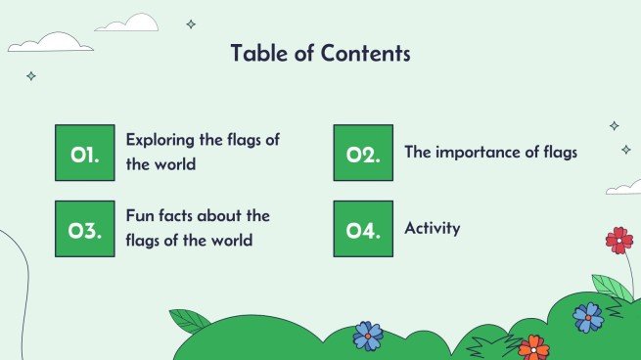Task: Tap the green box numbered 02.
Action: click(x=363, y=153)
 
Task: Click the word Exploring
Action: click(x=160, y=140)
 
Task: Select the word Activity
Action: click(x=432, y=229)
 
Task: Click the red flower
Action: click(x=618, y=240)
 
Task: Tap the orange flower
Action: click(x=533, y=346)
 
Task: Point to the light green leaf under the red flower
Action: click(x=612, y=287)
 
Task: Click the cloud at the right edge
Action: click(x=624, y=186)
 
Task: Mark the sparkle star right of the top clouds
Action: click(x=191, y=24)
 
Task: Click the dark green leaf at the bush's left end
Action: click(x=190, y=320)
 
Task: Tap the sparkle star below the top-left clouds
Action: click(x=30, y=75)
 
